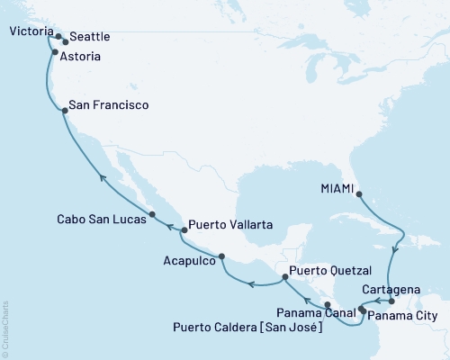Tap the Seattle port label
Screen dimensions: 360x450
90,37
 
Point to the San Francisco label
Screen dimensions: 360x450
110,105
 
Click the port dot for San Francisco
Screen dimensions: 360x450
64,111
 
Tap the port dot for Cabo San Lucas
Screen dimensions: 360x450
152,214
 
